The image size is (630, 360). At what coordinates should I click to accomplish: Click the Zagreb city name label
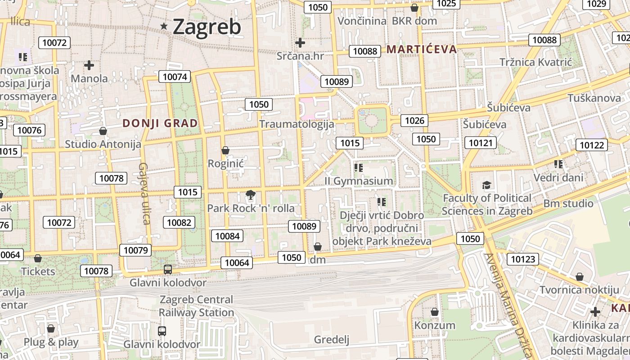tap(207, 27)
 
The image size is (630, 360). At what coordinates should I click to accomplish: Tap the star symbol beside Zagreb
tap(164, 27)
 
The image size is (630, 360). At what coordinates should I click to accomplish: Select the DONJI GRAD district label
tap(160, 123)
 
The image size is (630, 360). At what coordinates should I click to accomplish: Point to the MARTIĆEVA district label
tap(422, 49)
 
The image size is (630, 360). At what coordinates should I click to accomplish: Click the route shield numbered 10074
tap(175, 76)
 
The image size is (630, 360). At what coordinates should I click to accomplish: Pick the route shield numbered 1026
tap(414, 120)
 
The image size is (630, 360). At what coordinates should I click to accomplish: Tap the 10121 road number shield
tap(480, 143)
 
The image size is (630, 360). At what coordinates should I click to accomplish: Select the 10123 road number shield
tap(523, 259)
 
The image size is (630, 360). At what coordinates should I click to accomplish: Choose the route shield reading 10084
tap(228, 236)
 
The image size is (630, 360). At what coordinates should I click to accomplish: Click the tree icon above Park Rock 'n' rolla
tap(250, 195)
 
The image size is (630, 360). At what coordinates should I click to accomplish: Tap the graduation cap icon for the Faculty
tap(486, 185)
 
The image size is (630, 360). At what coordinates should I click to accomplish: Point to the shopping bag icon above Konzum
tap(435, 311)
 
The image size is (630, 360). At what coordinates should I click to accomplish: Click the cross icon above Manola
tap(89, 65)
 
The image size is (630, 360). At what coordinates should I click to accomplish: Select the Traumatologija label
tap(297, 124)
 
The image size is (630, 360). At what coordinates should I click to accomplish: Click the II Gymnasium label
tap(359, 181)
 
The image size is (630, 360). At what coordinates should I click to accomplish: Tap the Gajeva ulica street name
tap(144, 193)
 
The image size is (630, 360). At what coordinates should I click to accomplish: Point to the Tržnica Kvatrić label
tap(535, 62)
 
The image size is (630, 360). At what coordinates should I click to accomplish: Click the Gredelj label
tap(332, 339)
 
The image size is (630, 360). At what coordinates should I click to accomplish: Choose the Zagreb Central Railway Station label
tap(196, 306)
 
